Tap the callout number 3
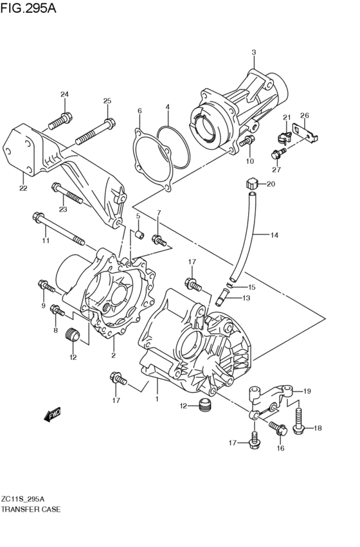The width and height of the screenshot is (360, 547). (x=253, y=52)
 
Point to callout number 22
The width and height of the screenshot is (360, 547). (x=23, y=188)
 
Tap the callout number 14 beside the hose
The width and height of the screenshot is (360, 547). (x=274, y=235)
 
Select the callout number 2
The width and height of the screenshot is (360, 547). (x=113, y=355)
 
